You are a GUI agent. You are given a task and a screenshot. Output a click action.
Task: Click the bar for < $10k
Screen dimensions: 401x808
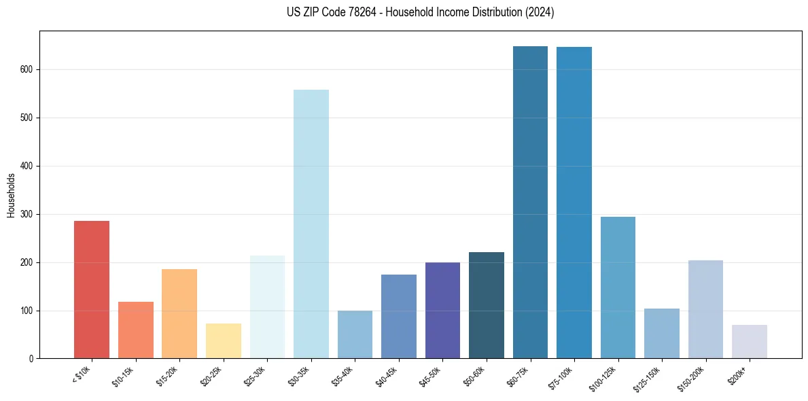point(92,290)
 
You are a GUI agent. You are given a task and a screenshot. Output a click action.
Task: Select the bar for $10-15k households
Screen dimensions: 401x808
point(135,330)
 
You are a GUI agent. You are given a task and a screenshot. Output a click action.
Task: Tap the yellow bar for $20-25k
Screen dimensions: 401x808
point(223,341)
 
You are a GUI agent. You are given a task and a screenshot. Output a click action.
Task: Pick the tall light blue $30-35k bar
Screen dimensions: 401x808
point(311,224)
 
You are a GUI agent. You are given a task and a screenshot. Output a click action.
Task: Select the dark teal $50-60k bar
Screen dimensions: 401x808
point(487,305)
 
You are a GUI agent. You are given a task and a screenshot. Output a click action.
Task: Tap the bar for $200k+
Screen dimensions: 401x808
point(750,341)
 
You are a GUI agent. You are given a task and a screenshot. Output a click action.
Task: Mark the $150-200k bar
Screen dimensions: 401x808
point(705,309)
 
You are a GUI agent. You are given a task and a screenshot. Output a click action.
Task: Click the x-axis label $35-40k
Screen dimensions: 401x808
point(343,375)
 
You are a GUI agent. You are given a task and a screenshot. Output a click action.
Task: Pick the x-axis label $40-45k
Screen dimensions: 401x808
point(387,375)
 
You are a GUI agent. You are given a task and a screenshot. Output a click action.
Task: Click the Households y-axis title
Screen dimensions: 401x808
point(11,195)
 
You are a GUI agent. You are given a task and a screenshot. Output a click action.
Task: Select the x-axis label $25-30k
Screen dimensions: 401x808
point(256,375)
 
